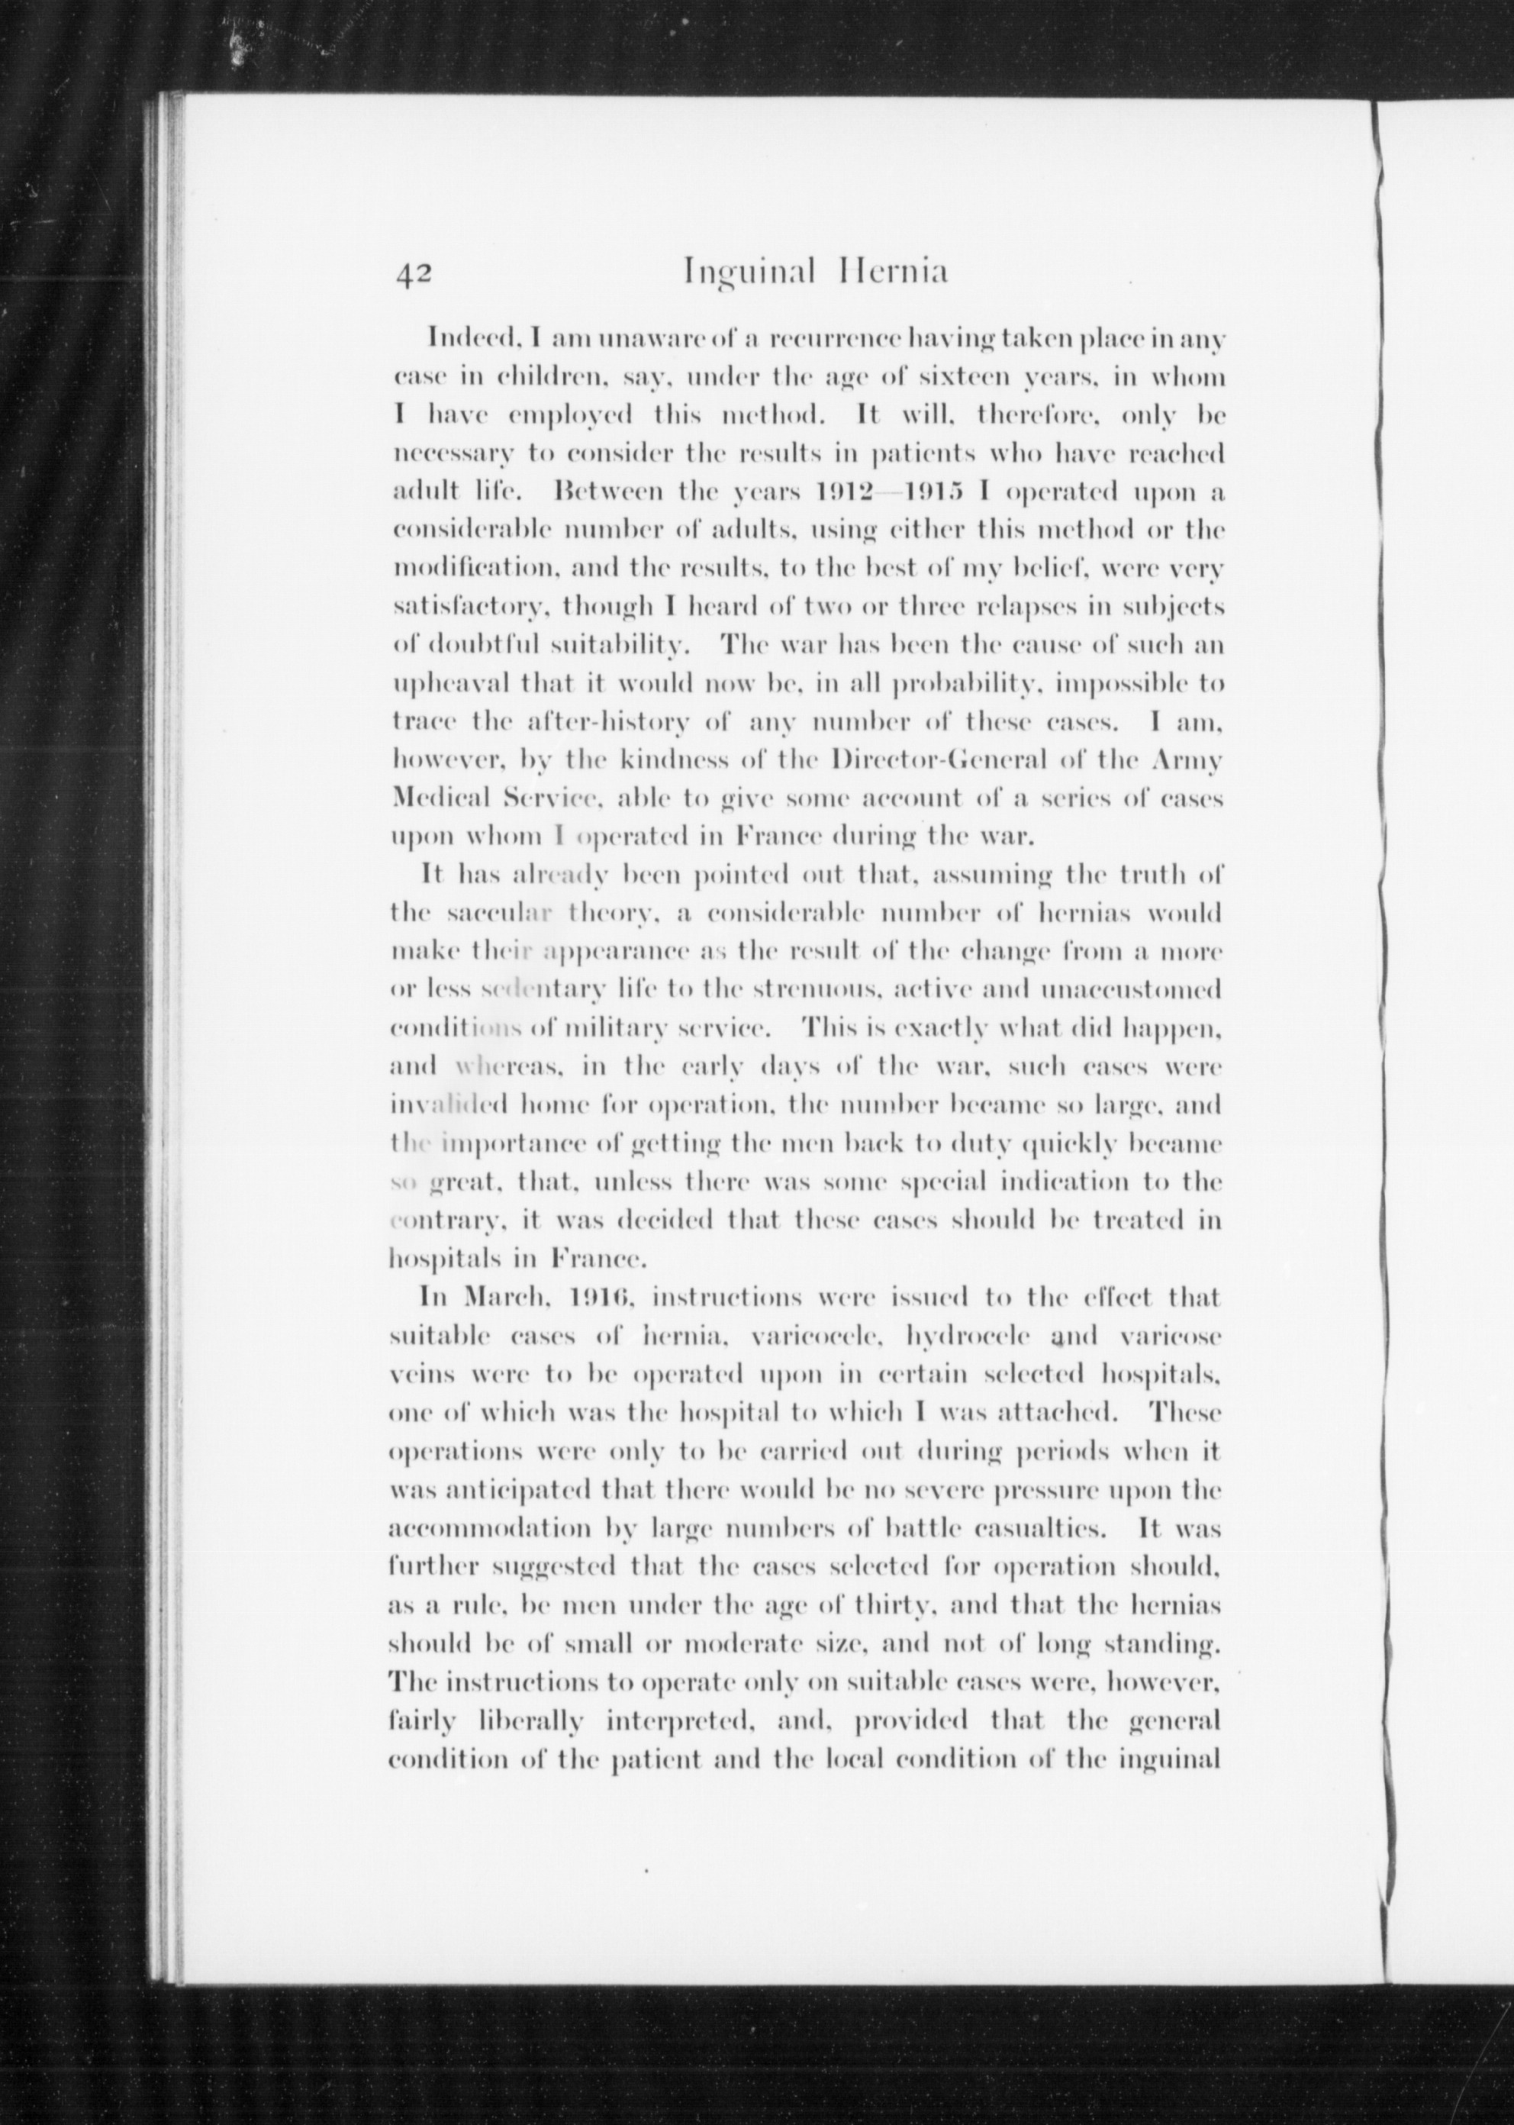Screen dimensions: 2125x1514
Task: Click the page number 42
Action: (411, 273)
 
